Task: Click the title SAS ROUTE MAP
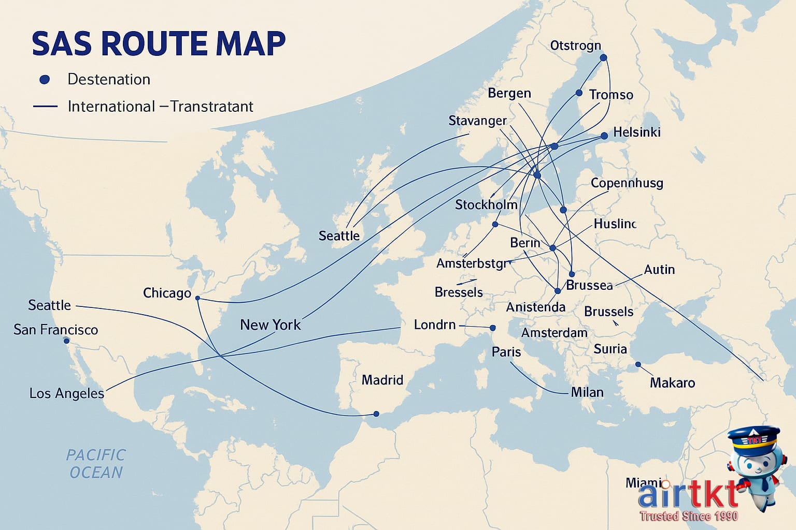click(x=159, y=43)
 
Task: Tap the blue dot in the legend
click(x=45, y=79)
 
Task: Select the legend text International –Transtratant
click(x=160, y=107)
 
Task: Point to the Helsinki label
click(x=636, y=132)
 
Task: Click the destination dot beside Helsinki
click(x=604, y=136)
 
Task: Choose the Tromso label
click(x=611, y=95)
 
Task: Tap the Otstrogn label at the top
click(x=575, y=46)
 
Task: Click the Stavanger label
click(x=477, y=121)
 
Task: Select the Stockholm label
click(x=486, y=204)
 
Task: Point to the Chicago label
click(x=167, y=293)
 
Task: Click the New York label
click(x=270, y=325)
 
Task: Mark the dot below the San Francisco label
click(x=66, y=341)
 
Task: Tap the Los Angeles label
click(x=66, y=393)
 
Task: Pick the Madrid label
click(x=382, y=380)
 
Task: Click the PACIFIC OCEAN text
click(x=96, y=464)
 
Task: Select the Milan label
click(x=587, y=392)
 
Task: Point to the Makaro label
click(x=672, y=382)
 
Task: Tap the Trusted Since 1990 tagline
click(x=689, y=516)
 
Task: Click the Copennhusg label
click(x=627, y=183)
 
